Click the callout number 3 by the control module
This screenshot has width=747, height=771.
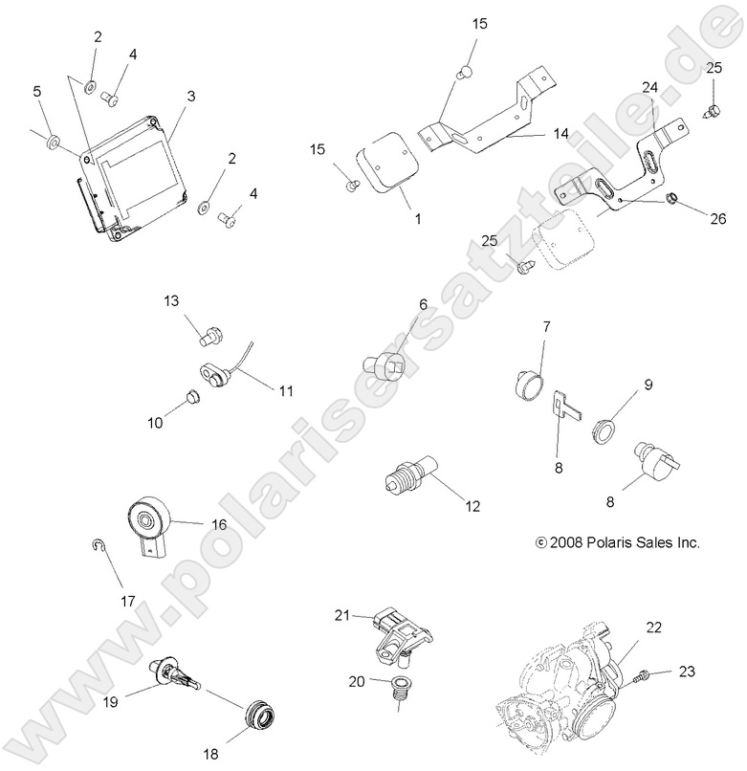191,96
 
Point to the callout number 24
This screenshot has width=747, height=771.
649,88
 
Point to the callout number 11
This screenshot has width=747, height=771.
286,391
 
